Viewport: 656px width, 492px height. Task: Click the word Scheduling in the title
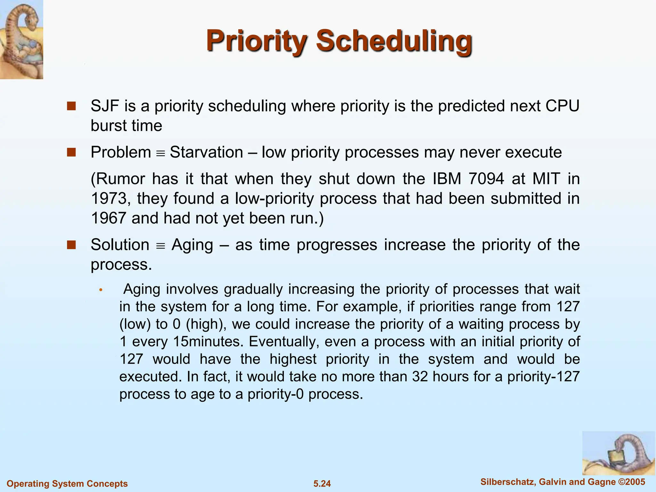pyautogui.click(x=394, y=41)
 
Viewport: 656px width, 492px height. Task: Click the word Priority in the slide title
pyautogui.click(x=256, y=41)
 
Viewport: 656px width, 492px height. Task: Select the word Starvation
pyautogui.click(x=206, y=152)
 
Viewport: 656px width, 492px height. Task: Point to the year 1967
pyautogui.click(x=108, y=218)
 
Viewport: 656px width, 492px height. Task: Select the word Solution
pyautogui.click(x=120, y=245)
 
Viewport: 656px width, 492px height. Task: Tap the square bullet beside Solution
pyautogui.click(x=71, y=245)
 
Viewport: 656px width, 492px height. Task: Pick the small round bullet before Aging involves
pyautogui.click(x=101, y=290)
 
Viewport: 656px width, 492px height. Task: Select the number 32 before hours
pyautogui.click(x=420, y=377)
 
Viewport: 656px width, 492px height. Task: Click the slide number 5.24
pyautogui.click(x=322, y=484)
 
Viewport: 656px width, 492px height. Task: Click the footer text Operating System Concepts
pyautogui.click(x=67, y=484)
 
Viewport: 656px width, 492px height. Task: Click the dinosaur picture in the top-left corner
pyautogui.click(x=21, y=39)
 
